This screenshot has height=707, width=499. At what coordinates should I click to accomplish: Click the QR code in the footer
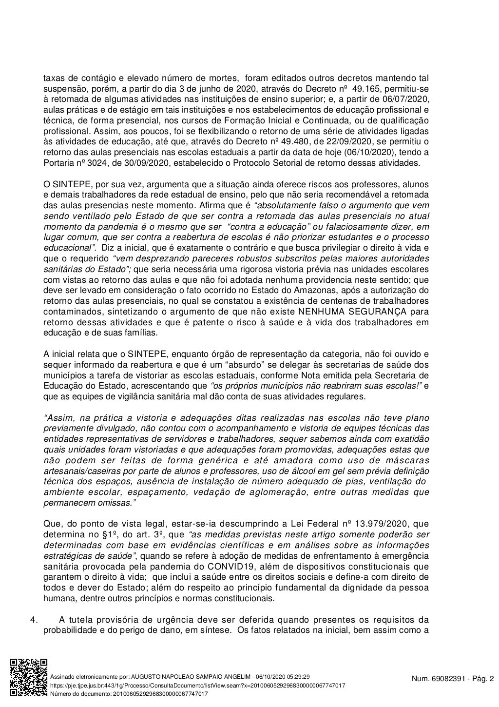click(x=29, y=678)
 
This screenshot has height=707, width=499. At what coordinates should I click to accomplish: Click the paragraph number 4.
click(x=34, y=620)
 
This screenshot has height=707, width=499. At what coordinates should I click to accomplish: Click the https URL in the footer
click(x=198, y=686)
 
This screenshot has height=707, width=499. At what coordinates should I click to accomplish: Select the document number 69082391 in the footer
click(x=445, y=678)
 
